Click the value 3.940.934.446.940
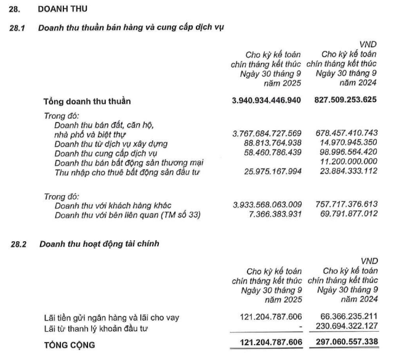click(x=266, y=100)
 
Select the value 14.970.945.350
click(x=349, y=143)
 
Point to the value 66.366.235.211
click(x=349, y=318)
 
